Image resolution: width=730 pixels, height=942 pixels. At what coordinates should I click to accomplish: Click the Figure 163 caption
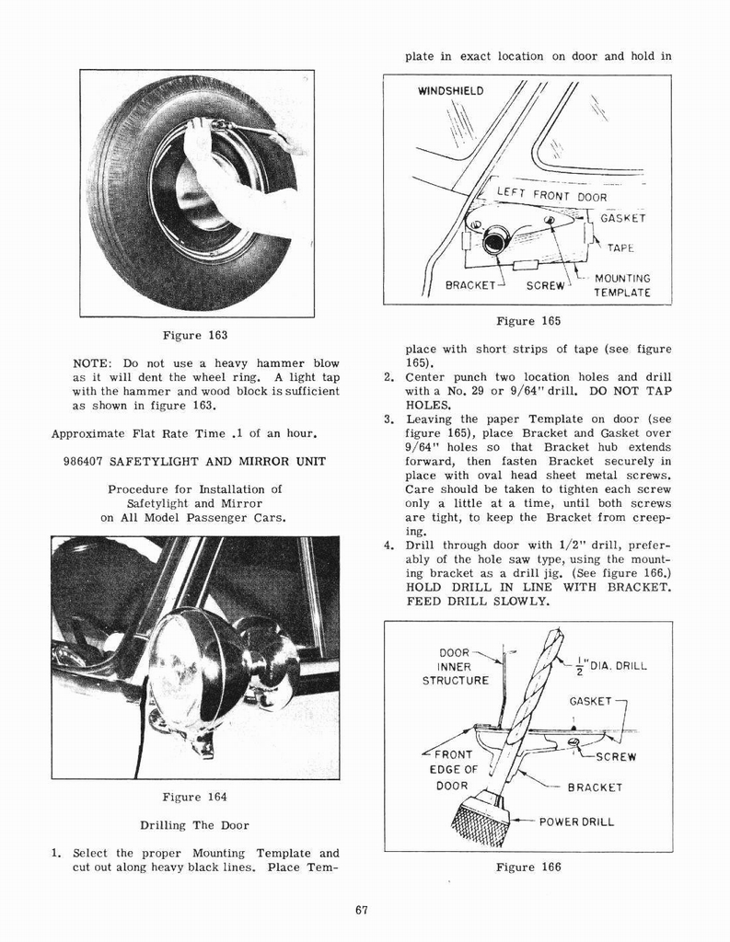(194, 335)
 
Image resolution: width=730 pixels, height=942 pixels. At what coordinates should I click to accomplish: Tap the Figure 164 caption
(194, 797)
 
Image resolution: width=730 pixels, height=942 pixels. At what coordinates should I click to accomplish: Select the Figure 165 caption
(527, 321)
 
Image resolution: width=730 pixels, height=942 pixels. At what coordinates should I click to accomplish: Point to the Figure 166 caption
(527, 867)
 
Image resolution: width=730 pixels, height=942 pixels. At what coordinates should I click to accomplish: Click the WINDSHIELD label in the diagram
(450, 91)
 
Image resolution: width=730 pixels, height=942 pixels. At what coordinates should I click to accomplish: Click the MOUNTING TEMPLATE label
(621, 285)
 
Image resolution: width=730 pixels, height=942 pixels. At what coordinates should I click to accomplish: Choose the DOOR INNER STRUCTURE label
(456, 667)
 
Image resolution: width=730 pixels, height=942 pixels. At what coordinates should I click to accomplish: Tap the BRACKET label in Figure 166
(595, 787)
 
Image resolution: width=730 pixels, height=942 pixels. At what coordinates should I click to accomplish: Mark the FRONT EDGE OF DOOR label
(452, 770)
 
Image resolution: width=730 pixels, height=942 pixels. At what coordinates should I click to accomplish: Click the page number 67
(361, 911)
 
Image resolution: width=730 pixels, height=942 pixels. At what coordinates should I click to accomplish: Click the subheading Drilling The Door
(194, 825)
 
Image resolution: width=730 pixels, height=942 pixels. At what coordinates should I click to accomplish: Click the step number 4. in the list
(388, 546)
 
